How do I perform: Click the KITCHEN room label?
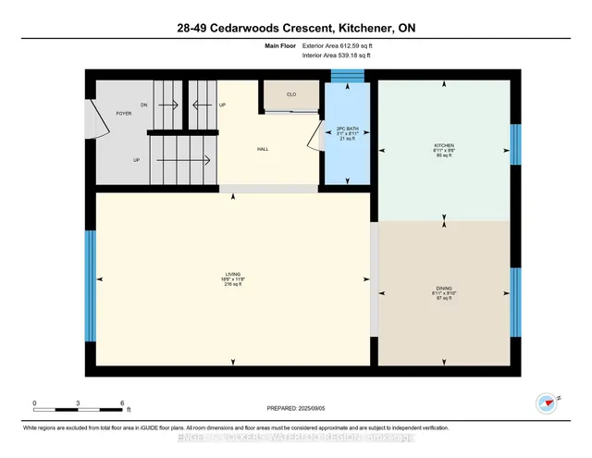pyautogui.click(x=444, y=146)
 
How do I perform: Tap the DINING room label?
pyautogui.click(x=444, y=289)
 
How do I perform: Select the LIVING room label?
pyautogui.click(x=232, y=275)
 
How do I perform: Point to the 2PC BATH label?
pyautogui.click(x=347, y=129)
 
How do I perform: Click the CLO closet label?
pyautogui.click(x=290, y=94)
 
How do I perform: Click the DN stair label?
pyautogui.click(x=143, y=105)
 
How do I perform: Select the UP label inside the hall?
pyautogui.click(x=223, y=105)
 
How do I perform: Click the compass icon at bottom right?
pyautogui.click(x=547, y=402)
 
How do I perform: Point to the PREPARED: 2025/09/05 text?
pyautogui.click(x=296, y=407)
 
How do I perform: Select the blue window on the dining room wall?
pyautogui.click(x=515, y=300)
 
